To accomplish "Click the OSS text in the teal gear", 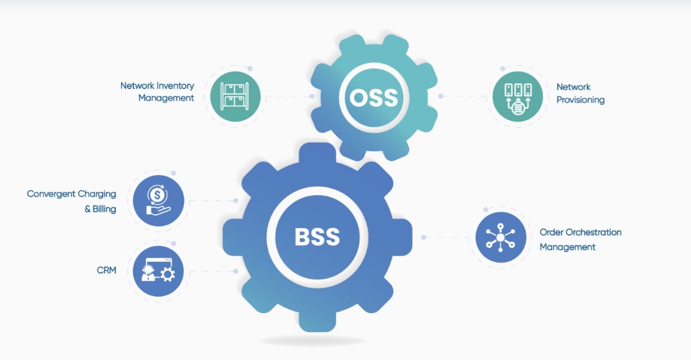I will pyautogui.click(x=374, y=98).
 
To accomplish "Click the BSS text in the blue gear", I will pyautogui.click(x=317, y=236).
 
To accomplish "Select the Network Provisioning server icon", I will pyautogui.click(x=517, y=97).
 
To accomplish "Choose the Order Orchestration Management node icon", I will pyautogui.click(x=500, y=238).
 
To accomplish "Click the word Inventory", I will pyautogui.click(x=173, y=86).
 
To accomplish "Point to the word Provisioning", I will pyautogui.click(x=580, y=100).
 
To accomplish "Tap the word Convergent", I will pyautogui.click(x=49, y=194).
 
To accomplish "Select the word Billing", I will pyautogui.click(x=104, y=209).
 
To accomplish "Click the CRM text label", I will pyautogui.click(x=107, y=271).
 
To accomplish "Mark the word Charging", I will pyautogui.click(x=96, y=194).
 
